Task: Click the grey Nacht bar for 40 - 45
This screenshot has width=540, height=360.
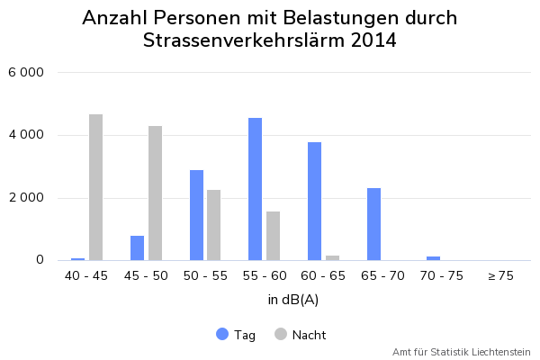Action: (95, 187)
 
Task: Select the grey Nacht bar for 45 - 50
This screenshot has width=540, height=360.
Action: (155, 193)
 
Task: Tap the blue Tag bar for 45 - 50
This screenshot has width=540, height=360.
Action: (137, 248)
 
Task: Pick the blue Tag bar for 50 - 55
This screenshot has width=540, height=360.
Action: (196, 215)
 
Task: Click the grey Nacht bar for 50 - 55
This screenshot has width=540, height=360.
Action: (214, 225)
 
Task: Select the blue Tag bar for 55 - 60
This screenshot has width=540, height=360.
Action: (256, 189)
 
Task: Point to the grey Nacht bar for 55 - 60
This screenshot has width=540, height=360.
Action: (273, 236)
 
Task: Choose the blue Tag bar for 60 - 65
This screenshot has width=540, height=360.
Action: (315, 201)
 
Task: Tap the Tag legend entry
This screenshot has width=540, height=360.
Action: (236, 335)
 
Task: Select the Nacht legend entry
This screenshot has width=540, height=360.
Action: (301, 335)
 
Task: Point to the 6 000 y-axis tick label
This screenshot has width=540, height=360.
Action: (26, 72)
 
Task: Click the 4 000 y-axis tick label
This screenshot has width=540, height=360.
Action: (26, 135)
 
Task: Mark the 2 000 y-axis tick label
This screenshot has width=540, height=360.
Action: (26, 198)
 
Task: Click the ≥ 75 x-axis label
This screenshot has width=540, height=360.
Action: (500, 276)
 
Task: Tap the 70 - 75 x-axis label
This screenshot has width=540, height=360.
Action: (441, 276)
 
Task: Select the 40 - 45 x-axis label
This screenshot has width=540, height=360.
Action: (86, 276)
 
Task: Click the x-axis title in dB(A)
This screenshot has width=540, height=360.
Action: (293, 299)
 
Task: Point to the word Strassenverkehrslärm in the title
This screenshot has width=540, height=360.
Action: (240, 40)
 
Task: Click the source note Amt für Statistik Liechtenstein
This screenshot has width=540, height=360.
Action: (461, 352)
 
